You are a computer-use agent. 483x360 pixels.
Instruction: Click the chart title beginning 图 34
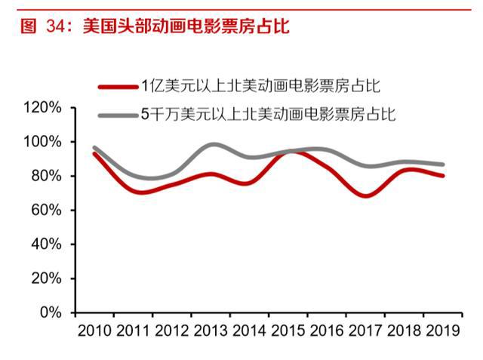[x=147, y=26]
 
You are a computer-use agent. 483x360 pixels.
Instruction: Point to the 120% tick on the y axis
[x=42, y=108]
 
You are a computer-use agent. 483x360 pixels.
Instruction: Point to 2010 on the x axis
[x=94, y=331]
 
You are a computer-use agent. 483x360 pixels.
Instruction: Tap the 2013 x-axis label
[x=211, y=331]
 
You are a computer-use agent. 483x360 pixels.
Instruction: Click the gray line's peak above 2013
[x=214, y=144]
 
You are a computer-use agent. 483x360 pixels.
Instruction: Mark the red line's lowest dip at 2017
[x=365, y=195]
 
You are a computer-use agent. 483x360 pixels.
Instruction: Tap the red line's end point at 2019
[x=442, y=176]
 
